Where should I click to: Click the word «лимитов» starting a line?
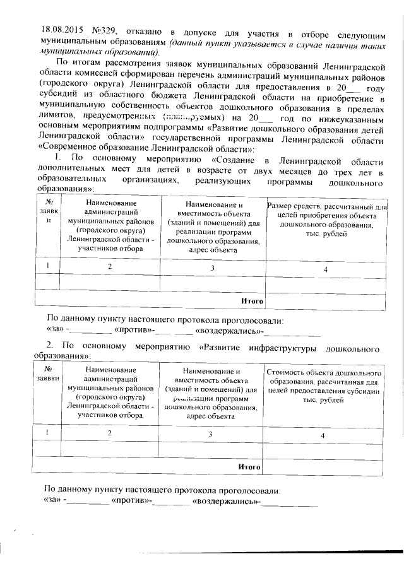tap(55, 116)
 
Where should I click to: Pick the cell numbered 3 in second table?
tap(210, 435)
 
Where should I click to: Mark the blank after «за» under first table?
tap(89, 330)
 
